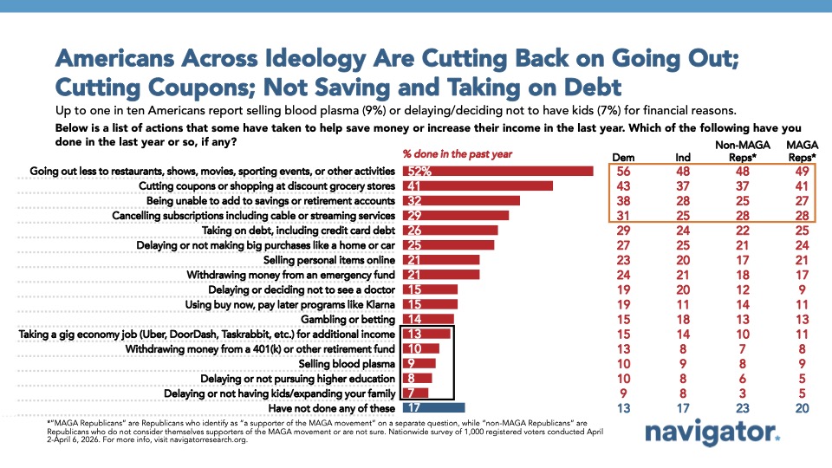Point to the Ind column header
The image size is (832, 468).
[684, 156]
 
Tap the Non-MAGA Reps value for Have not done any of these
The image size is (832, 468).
[739, 407]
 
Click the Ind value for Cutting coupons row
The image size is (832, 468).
[684, 185]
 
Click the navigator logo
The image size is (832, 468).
[712, 434]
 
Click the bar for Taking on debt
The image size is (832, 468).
[449, 230]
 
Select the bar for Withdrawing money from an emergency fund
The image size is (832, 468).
[439, 275]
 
